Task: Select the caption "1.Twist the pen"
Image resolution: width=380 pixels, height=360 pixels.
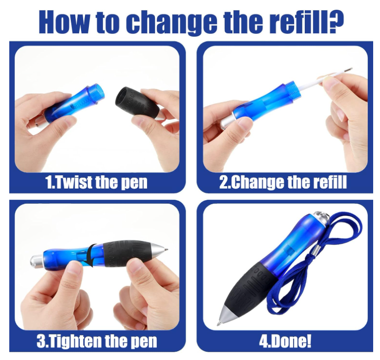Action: pyautogui.click(x=96, y=182)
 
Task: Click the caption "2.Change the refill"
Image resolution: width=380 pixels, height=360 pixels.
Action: pyautogui.click(x=283, y=182)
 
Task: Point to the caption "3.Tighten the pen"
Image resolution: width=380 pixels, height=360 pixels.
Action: pyautogui.click(x=97, y=341)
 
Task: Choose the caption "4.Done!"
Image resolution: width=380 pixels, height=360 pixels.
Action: pyautogui.click(x=285, y=341)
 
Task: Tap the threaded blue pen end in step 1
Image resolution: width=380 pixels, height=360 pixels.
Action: pyautogui.click(x=97, y=93)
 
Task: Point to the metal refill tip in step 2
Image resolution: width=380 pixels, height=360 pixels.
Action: pyautogui.click(x=348, y=70)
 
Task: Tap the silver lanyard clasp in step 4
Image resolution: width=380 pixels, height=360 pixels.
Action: pyautogui.click(x=316, y=251)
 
